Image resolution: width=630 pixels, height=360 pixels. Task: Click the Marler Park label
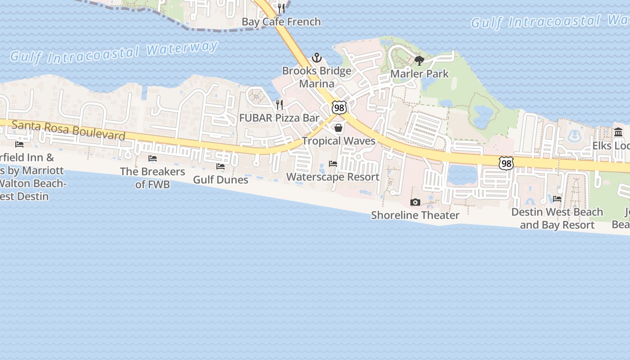pos(419,74)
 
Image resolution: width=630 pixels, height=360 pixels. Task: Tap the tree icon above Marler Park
pos(419,61)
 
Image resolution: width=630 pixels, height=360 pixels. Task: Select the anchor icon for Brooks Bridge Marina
pos(317,58)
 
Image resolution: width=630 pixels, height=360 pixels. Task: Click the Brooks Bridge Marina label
pos(317,77)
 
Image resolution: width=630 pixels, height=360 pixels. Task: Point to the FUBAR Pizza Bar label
pos(279,118)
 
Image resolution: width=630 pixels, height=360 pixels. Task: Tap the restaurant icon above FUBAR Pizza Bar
pos(279,105)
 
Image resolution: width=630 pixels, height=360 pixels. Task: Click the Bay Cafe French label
pos(281,22)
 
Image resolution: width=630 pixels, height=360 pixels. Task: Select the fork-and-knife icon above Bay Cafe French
pos(282,9)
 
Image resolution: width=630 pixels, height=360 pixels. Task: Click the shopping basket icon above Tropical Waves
pos(338,128)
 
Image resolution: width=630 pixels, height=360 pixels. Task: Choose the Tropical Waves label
pos(338,141)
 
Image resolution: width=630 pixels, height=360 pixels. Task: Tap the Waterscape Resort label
pos(333,177)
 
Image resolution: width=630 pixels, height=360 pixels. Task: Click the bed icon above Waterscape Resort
pos(333,164)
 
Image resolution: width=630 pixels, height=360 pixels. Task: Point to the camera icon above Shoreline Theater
pos(415,202)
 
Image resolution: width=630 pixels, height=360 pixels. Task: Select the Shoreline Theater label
pos(415,215)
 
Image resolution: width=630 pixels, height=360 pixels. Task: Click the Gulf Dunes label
pos(220,180)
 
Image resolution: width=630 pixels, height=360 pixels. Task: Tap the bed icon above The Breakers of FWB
pos(153,158)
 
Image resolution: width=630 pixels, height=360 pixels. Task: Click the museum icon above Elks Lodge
pos(618,132)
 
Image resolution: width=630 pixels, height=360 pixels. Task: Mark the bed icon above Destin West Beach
pos(557,199)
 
